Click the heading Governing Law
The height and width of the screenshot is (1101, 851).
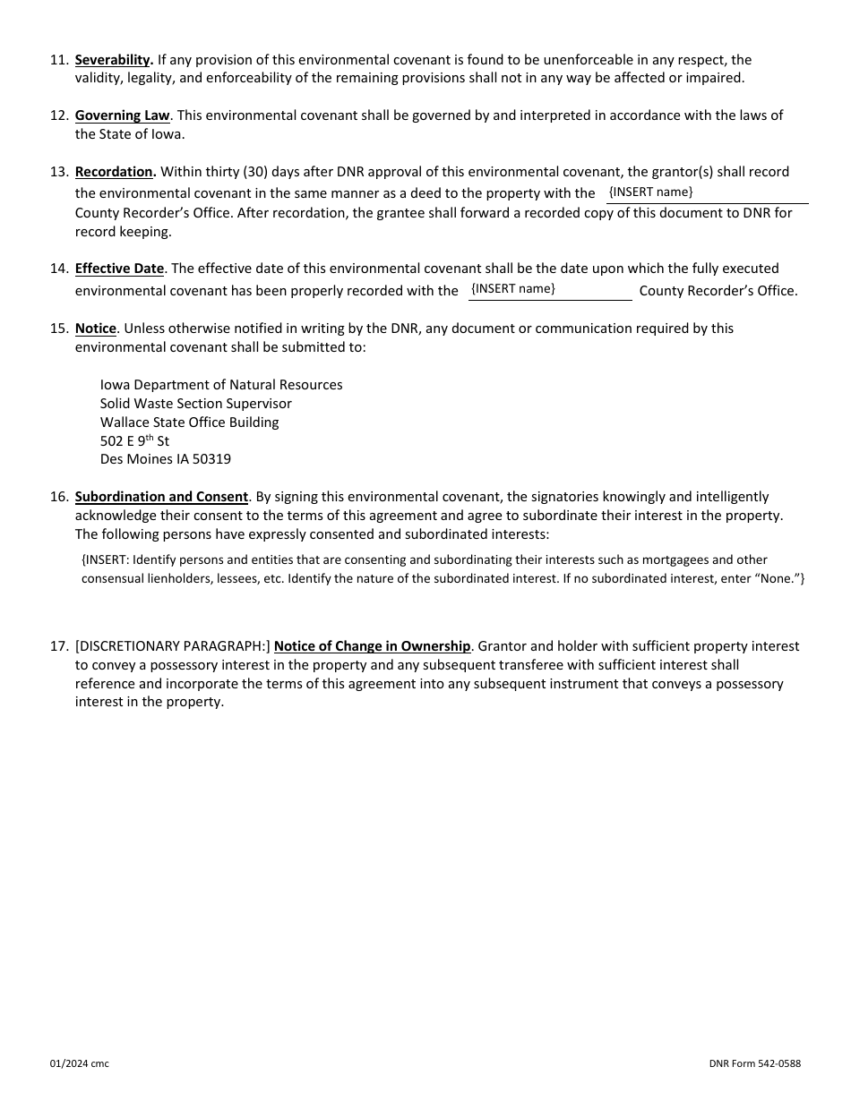(122, 115)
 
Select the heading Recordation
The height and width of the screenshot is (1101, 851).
(116, 172)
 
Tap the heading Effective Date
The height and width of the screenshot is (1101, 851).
(119, 269)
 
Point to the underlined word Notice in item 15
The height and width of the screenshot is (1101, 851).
(95, 329)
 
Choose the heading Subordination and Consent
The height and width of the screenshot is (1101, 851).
(161, 497)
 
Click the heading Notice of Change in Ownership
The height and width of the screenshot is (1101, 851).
(372, 646)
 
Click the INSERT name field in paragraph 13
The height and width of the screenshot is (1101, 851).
(706, 193)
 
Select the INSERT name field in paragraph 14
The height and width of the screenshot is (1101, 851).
(549, 290)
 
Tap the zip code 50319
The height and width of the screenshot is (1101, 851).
(211, 459)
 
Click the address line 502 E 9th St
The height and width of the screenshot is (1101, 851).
(134, 440)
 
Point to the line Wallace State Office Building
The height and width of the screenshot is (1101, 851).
(189, 422)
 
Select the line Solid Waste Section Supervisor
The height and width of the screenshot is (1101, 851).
(195, 404)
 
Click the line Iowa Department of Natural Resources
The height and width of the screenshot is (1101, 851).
(221, 385)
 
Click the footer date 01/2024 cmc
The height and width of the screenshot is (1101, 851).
(79, 1063)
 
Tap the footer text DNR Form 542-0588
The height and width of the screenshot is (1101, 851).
(754, 1063)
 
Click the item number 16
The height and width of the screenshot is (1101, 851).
(58, 497)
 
